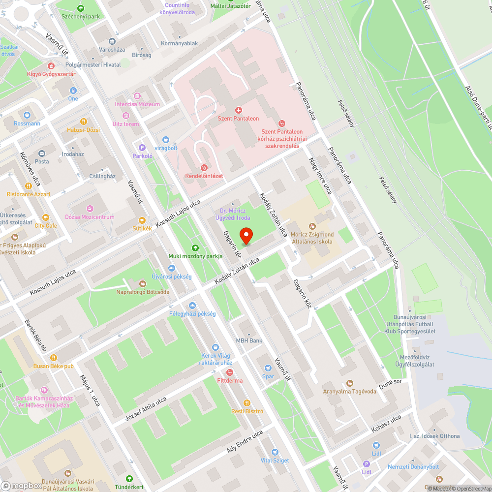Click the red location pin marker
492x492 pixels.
tap(246, 235)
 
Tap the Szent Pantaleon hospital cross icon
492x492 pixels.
tap(239, 110)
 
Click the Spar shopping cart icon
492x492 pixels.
tap(268, 368)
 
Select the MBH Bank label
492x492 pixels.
tap(249, 340)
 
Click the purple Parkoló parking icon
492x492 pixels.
tap(143, 147)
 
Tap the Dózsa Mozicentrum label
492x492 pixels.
tap(90, 217)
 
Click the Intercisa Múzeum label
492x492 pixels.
tap(137, 104)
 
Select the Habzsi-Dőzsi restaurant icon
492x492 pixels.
tap(84, 121)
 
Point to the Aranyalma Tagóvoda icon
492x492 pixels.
tap(350, 383)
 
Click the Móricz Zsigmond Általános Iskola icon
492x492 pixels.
tap(312, 225)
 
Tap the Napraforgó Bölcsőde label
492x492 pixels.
tap(143, 292)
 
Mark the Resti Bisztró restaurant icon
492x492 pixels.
tap(247, 402)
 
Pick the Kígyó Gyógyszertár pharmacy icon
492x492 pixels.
tap(51, 65)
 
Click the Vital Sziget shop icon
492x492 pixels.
tap(275, 452)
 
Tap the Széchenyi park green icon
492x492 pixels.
tap(81, 8)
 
